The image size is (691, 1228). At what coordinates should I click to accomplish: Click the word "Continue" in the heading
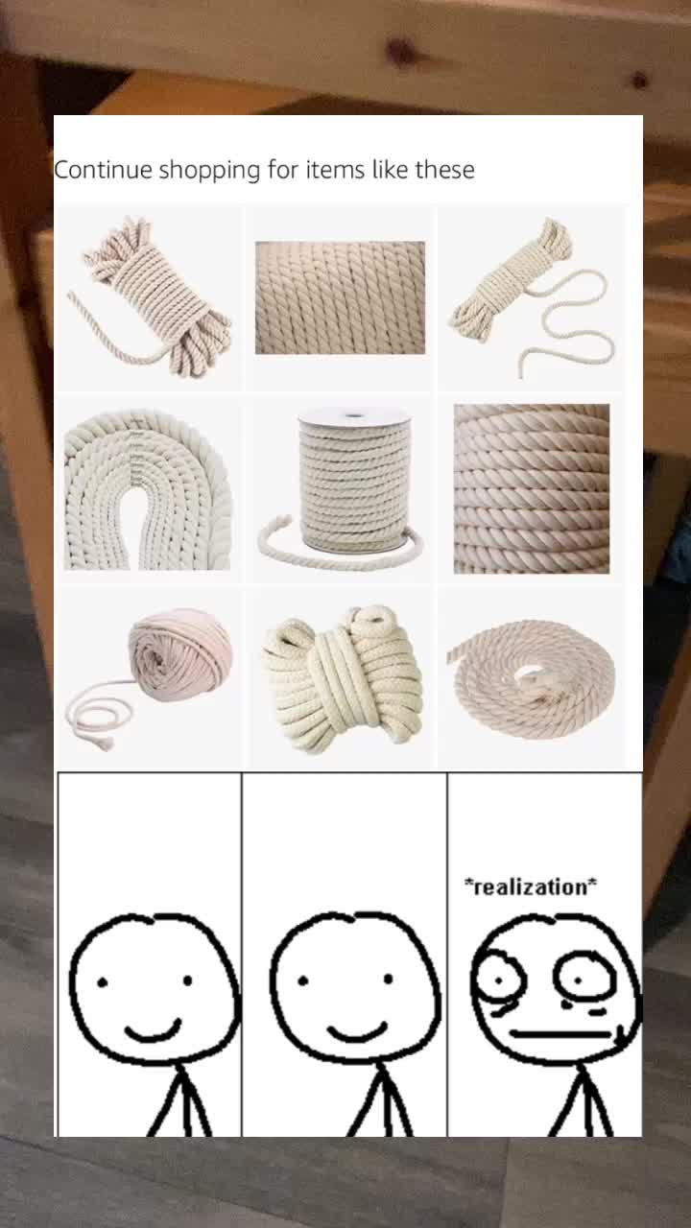click(x=103, y=170)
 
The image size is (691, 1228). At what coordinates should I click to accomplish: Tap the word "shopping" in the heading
click(x=209, y=171)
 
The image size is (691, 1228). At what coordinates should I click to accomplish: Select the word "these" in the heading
click(x=444, y=170)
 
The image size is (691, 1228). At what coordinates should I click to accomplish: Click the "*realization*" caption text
click(x=531, y=886)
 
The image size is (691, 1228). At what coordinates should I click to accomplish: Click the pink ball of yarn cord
click(x=179, y=655)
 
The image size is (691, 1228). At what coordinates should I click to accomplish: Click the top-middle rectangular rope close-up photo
click(x=340, y=297)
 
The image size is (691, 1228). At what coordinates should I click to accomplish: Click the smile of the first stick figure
click(x=153, y=1030)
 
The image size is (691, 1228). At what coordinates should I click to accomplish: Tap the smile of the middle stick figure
click(x=358, y=1031)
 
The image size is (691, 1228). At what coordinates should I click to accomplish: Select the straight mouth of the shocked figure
click(x=560, y=1034)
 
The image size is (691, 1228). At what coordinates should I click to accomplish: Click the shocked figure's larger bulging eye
click(x=499, y=980)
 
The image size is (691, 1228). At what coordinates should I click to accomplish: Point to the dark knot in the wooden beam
click(x=401, y=51)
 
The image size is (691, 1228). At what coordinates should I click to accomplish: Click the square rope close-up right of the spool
click(x=532, y=489)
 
